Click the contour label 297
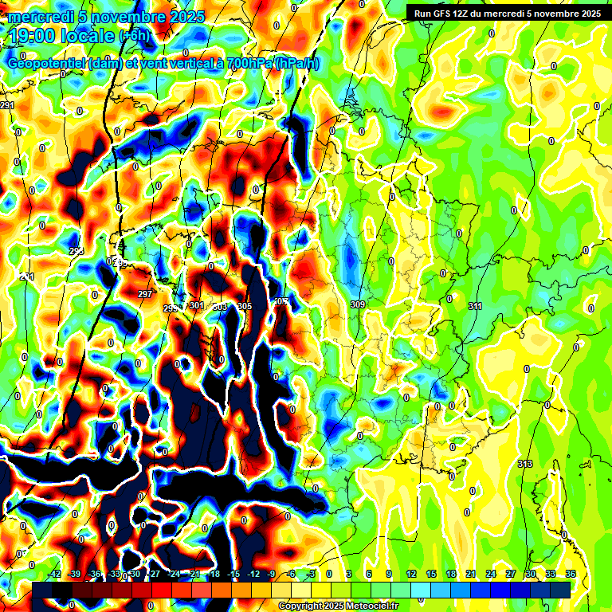145,294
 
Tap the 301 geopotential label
197,305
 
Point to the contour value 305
245,306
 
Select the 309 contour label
357,304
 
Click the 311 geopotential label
475,306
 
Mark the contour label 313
524,464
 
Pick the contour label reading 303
220,306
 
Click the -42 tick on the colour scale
55,575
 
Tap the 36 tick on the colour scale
571,575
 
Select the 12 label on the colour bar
411,575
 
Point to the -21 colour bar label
194,575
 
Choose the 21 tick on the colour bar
471,575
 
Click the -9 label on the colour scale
271,575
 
